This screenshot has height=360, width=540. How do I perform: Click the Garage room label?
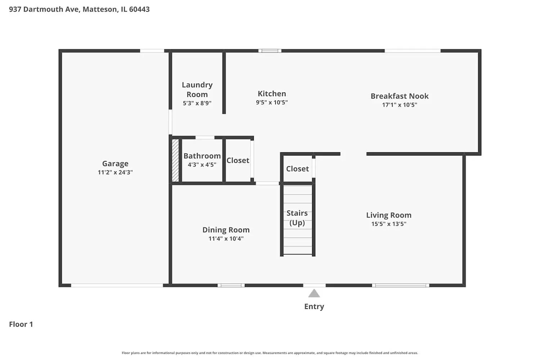[115, 163]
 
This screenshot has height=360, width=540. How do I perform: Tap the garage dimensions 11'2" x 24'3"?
[115, 172]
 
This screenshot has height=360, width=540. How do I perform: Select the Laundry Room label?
[197, 90]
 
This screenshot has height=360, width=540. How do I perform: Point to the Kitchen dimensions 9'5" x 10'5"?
[272, 103]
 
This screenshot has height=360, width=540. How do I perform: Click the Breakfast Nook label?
[400, 96]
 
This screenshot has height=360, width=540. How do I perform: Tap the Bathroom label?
[202, 156]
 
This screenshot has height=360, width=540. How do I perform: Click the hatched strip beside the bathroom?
[175, 161]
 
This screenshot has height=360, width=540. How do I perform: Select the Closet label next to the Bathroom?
[238, 161]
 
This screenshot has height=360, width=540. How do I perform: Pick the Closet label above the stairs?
[297, 169]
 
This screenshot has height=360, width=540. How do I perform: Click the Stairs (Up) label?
[297, 218]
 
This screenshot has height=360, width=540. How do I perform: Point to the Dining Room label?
[226, 230]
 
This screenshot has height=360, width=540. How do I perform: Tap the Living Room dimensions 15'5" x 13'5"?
[389, 224]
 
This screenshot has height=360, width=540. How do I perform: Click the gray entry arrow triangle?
[314, 293]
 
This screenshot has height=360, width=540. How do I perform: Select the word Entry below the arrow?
[314, 306]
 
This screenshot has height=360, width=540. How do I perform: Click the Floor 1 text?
[21, 324]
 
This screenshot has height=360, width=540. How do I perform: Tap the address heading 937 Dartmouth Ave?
[79, 9]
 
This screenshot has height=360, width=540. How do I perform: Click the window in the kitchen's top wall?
[270, 51]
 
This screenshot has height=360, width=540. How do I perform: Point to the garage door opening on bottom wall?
[117, 285]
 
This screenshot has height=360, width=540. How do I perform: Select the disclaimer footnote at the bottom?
[270, 353]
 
